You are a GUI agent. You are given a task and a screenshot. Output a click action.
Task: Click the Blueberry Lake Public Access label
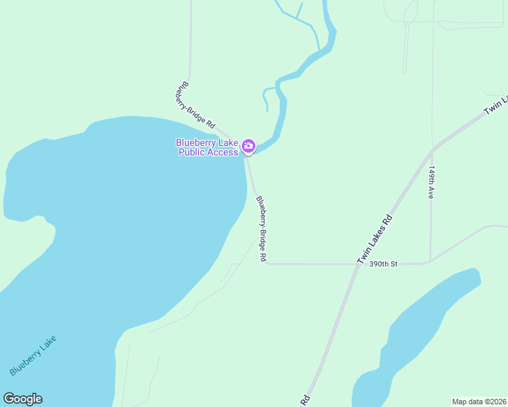pyautogui.click(x=207, y=147)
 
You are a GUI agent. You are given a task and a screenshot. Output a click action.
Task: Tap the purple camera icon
pyautogui.click(x=249, y=146)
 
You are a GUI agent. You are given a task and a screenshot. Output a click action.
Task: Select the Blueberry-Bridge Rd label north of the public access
pyautogui.click(x=195, y=106)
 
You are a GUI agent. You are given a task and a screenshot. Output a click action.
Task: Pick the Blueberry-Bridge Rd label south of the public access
pyautogui.click(x=261, y=229)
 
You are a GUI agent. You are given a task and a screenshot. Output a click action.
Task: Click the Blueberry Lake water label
pyautogui.click(x=33, y=356)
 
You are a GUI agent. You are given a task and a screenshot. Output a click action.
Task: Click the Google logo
pyautogui.click(x=22, y=399)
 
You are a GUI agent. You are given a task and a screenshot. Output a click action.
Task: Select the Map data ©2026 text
pyautogui.click(x=479, y=401)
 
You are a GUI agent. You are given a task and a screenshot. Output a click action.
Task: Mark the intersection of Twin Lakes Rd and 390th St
pyautogui.click(x=356, y=263)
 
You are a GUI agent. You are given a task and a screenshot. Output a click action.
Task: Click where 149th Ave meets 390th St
pyautogui.click(x=430, y=261)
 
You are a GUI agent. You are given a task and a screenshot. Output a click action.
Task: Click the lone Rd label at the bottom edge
pyautogui.click(x=305, y=400)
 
